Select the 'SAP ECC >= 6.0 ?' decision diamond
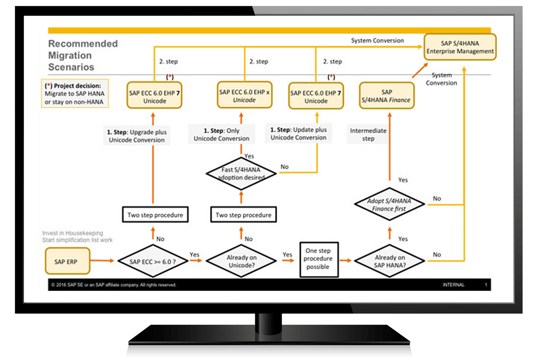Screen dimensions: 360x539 [x=153, y=262]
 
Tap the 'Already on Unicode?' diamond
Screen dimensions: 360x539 [x=241, y=261]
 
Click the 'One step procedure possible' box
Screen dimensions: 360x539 [x=318, y=259]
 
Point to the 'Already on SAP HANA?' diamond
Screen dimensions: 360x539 [x=390, y=261]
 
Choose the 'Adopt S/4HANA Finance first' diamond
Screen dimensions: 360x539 [x=389, y=205]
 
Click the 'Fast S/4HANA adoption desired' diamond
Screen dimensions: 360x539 [x=241, y=174]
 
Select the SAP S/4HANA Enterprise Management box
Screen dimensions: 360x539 [x=460, y=47]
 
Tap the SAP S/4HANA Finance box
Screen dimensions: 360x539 [x=386, y=96]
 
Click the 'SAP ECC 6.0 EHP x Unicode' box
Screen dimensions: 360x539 [x=244, y=96]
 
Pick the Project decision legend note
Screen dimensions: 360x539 [x=75, y=94]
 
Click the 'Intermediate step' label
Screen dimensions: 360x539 [x=368, y=135]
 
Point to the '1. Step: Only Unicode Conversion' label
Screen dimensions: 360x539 [x=221, y=135]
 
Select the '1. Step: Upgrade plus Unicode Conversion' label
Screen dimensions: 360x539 [x=137, y=136]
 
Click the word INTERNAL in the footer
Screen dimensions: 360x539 [x=453, y=285]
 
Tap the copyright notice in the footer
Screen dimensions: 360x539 [x=114, y=285]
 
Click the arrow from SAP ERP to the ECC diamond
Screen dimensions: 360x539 [x=102, y=261]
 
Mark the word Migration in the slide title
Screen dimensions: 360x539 [x=70, y=55]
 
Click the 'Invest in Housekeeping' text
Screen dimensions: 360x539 [x=73, y=233]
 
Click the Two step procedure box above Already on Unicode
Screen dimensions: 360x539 [x=244, y=215]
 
